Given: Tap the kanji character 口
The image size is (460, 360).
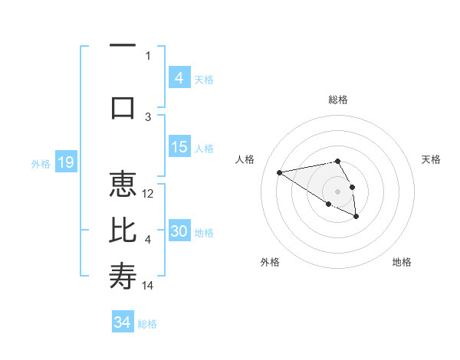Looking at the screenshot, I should [123, 106].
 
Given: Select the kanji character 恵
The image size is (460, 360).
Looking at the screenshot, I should [123, 186].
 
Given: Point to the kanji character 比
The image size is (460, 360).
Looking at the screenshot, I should [123, 231].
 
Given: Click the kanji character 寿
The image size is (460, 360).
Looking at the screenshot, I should [123, 276].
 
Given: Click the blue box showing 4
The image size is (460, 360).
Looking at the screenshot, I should [179, 78].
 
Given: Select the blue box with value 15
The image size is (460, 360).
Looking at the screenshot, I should [179, 147].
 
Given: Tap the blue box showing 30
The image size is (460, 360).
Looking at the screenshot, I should [179, 231].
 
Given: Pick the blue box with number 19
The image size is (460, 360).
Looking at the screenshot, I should [65, 162].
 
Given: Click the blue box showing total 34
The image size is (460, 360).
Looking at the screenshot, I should [122, 322].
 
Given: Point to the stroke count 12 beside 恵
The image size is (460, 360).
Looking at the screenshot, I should [149, 194].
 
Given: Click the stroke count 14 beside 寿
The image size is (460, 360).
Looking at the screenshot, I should [149, 285].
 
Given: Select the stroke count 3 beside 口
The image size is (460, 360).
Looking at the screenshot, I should [148, 116].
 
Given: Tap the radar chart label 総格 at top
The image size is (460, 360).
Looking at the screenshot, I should [338, 100].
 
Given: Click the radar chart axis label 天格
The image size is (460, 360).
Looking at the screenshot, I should [431, 159].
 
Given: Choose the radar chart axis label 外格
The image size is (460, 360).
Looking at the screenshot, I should [270, 262].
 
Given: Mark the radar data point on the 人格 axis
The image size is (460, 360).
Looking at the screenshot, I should [279, 172].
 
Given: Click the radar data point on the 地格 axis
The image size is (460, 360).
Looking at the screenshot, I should [356, 218].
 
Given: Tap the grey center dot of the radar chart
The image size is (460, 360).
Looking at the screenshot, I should [337, 191].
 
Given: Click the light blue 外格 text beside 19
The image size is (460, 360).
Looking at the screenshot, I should [40, 163].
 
